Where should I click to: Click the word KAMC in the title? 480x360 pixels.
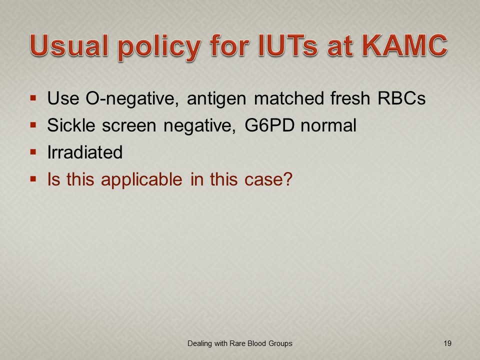coord(405,45)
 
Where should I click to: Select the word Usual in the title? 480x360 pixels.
coord(69,45)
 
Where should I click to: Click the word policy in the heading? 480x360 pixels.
coord(159,48)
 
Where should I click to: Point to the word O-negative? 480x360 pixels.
coord(132,98)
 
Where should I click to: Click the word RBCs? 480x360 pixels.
coord(401,98)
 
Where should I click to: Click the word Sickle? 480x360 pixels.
coord(71,125)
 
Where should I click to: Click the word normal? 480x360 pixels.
coord(328,125)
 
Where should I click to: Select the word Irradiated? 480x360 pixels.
coord(85,152)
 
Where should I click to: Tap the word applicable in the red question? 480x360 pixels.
coord(141,179)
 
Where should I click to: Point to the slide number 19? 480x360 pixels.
coord(447,343)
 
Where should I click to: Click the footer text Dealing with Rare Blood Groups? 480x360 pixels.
coord(240,344)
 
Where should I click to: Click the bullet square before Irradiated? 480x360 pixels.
coord(33,152)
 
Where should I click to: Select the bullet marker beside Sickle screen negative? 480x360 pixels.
coord(33,125)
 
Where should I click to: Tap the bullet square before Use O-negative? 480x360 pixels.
coord(33,98)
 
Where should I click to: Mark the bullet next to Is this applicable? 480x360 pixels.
coord(33,179)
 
